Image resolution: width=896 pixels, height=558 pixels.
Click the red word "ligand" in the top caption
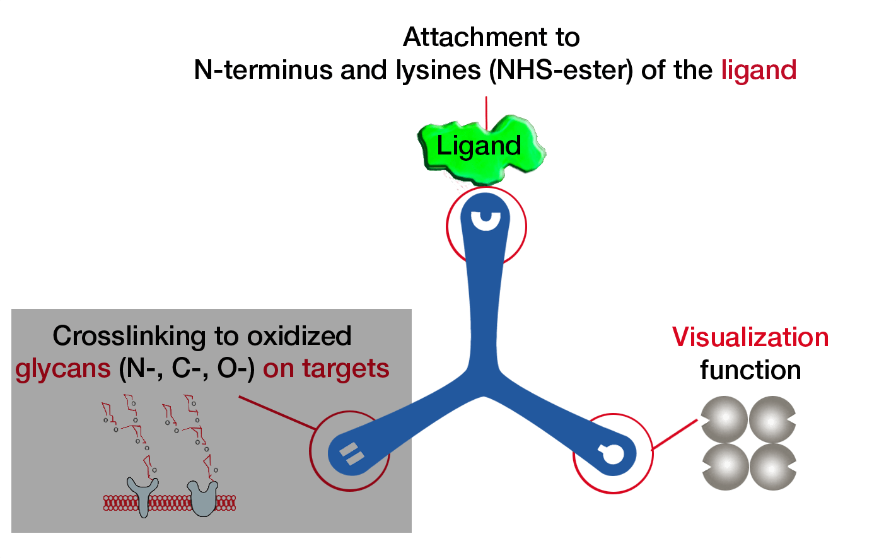759,70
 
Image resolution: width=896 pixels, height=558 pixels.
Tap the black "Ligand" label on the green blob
479,146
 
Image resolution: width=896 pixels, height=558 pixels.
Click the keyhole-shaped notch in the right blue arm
612,453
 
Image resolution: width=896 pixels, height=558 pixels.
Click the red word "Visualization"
750,337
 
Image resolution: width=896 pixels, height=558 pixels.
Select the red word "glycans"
63,369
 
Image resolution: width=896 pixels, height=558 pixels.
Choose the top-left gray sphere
724,419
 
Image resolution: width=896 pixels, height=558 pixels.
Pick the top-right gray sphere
772,419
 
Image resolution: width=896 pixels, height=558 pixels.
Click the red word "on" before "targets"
277,369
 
